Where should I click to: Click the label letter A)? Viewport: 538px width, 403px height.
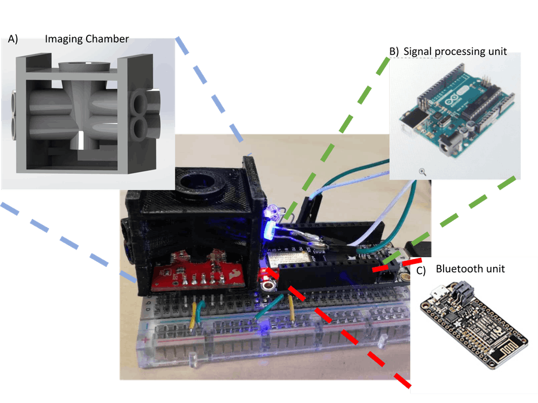(x=13, y=39)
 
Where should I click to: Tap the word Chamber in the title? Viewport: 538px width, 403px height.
(x=107, y=39)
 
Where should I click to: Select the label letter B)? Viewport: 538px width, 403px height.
(x=394, y=52)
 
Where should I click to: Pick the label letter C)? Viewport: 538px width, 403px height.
(x=421, y=270)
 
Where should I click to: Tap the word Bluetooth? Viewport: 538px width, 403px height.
(x=460, y=269)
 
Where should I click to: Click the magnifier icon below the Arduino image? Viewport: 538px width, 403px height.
(x=423, y=172)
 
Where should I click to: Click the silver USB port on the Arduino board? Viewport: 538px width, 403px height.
(x=412, y=121)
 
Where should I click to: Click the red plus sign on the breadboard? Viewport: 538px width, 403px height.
(x=145, y=340)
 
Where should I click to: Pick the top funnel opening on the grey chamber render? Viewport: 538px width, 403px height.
(x=84, y=66)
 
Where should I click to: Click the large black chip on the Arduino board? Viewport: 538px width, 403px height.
(x=481, y=102)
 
